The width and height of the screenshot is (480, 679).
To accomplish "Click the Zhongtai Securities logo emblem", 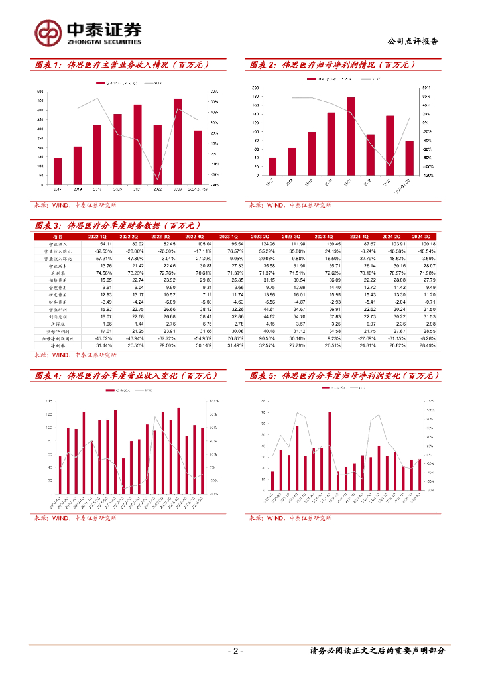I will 48,31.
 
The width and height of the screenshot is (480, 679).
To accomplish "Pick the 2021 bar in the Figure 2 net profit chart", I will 351,137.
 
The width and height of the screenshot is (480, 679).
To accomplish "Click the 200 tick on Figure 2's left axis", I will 255,88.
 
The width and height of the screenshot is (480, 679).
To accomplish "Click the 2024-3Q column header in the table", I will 420,236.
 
